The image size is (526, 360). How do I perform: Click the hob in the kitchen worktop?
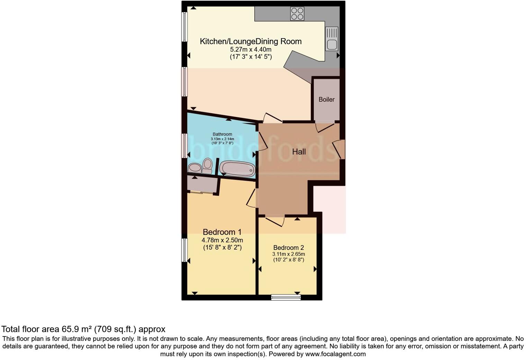click(x=297, y=14)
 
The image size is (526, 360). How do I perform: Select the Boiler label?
click(x=326, y=100)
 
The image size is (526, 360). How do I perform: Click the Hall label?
click(x=299, y=152)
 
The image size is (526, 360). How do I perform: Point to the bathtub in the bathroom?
click(x=238, y=169)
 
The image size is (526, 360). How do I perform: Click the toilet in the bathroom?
click(x=207, y=165)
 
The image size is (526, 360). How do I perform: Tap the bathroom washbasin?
click(x=195, y=168)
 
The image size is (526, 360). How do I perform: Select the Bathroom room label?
click(x=222, y=134)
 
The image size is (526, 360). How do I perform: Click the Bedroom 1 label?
click(x=222, y=232)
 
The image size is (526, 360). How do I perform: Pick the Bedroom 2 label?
click(x=288, y=247)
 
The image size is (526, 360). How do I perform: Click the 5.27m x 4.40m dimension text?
click(x=251, y=50)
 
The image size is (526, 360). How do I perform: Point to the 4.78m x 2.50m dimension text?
click(x=222, y=240)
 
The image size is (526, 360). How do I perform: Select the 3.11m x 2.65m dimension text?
click(x=288, y=254)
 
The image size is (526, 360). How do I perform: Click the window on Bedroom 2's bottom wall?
click(x=286, y=297)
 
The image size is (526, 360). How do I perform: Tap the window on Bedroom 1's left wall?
click(x=184, y=250)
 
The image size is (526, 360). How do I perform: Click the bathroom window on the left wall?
click(x=184, y=146)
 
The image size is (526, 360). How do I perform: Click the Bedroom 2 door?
click(x=275, y=220)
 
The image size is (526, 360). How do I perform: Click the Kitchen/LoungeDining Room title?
click(x=251, y=42)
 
